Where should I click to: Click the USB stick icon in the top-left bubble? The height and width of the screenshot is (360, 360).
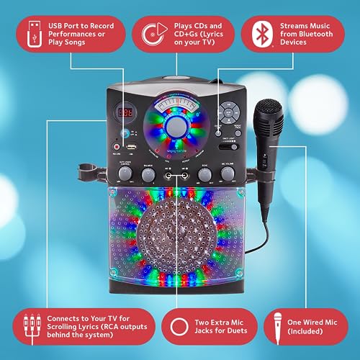click(30, 33)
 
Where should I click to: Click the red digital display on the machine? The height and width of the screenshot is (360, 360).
click(126, 113)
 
